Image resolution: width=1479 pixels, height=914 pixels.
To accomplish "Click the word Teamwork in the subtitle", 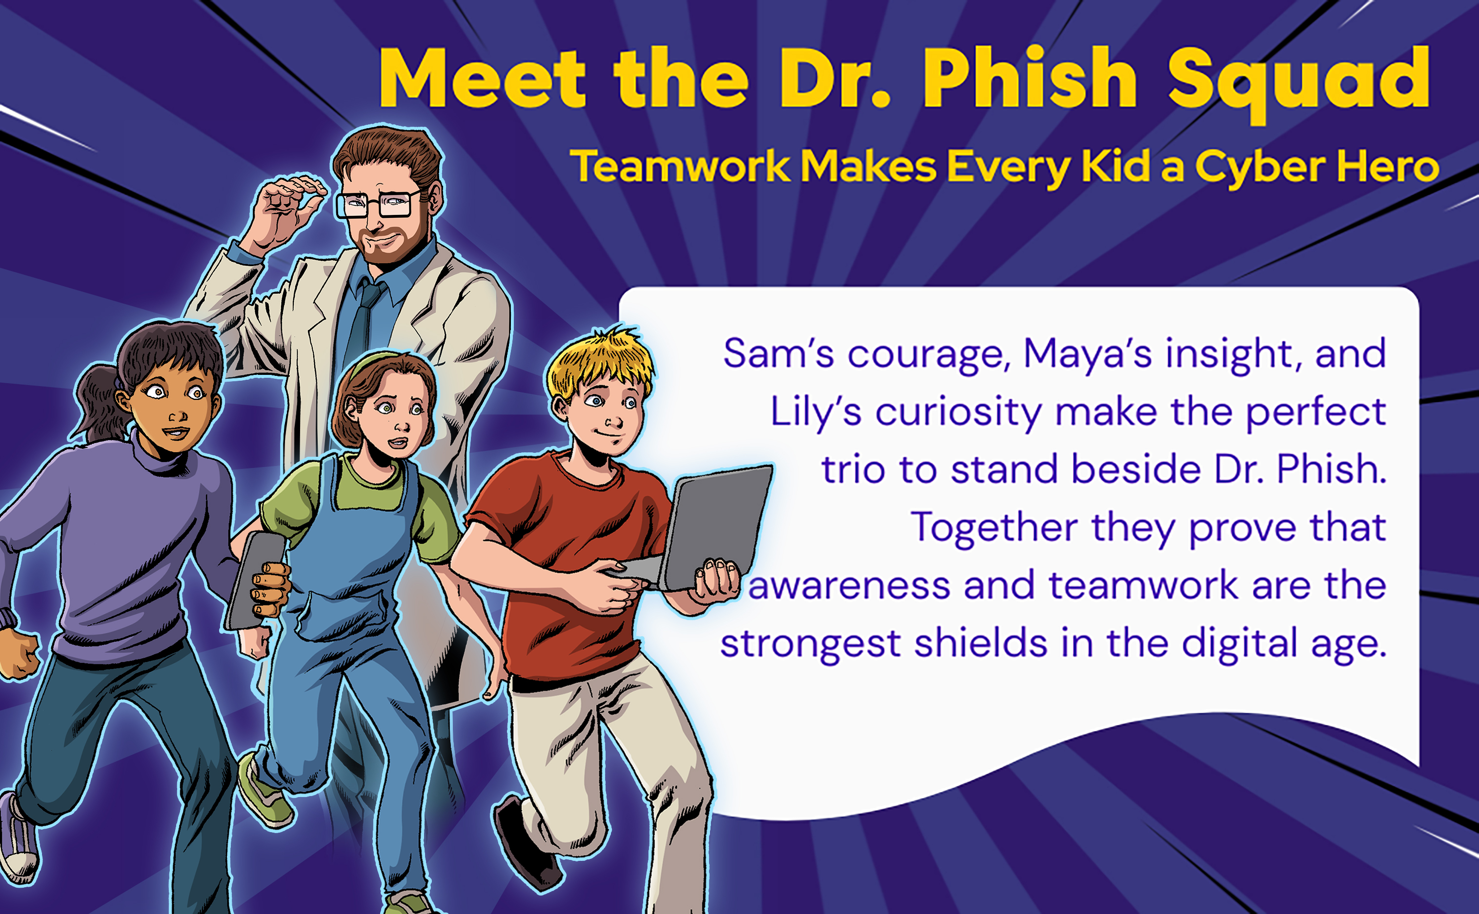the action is tap(681, 165).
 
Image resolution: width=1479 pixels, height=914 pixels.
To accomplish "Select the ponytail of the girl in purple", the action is tap(97, 402).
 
